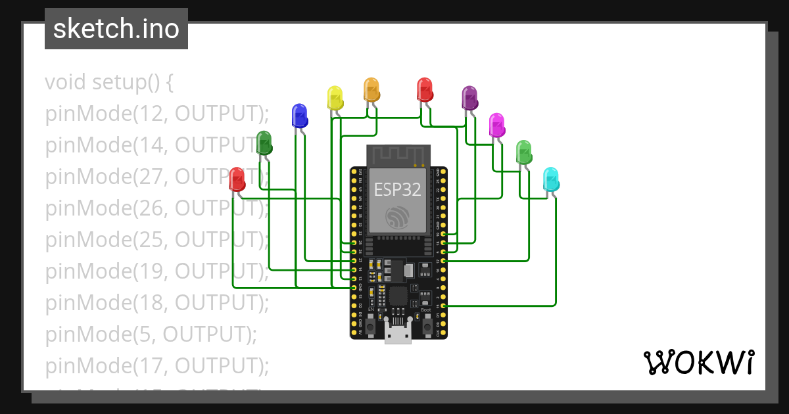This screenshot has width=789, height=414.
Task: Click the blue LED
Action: click(299, 115)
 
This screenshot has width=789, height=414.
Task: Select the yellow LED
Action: click(335, 98)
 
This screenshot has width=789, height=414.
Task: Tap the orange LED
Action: click(371, 89)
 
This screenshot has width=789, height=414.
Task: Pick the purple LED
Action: click(469, 98)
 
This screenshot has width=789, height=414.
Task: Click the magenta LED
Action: click(496, 124)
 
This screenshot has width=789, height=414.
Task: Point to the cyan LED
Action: click(551, 179)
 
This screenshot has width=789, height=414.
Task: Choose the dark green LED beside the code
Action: click(264, 143)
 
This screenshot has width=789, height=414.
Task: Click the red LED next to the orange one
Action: click(425, 89)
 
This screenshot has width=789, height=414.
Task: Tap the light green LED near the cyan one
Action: click(523, 152)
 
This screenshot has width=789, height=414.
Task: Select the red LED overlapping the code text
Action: click(237, 179)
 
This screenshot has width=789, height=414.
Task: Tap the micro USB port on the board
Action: click(398, 335)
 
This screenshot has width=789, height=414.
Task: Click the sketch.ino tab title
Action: click(116, 29)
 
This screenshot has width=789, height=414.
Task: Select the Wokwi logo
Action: click(698, 362)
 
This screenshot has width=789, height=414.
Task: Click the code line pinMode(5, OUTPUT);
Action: click(151, 334)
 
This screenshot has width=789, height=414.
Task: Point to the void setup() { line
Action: click(109, 82)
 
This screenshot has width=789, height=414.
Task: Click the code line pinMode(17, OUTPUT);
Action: click(156, 365)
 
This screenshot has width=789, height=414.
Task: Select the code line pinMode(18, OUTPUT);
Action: click(156, 302)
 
